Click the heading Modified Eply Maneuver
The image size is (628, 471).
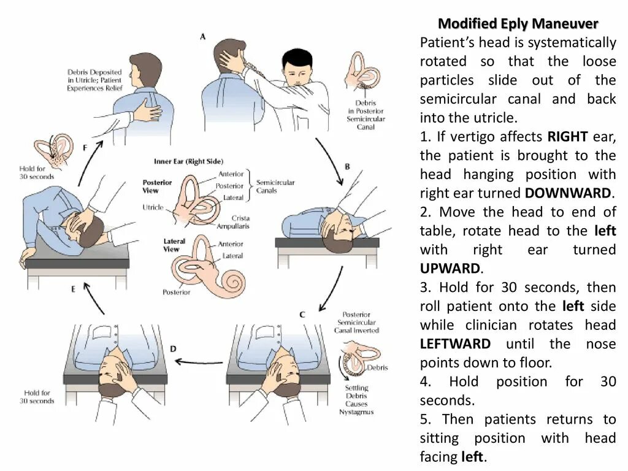click(518, 24)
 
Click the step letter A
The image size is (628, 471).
click(203, 37)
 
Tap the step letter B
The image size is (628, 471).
click(347, 166)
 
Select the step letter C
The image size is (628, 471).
click(302, 315)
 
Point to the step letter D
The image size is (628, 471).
click(173, 349)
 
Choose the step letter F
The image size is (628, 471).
click(85, 148)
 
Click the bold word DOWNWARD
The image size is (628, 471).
click(568, 193)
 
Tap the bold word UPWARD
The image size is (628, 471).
click(450, 269)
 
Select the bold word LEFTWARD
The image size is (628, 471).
click(455, 344)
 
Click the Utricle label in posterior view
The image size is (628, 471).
click(153, 207)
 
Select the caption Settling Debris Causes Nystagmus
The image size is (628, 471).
click(356, 400)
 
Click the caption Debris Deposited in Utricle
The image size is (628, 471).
click(94, 80)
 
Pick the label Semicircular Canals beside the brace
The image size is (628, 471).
click(275, 186)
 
